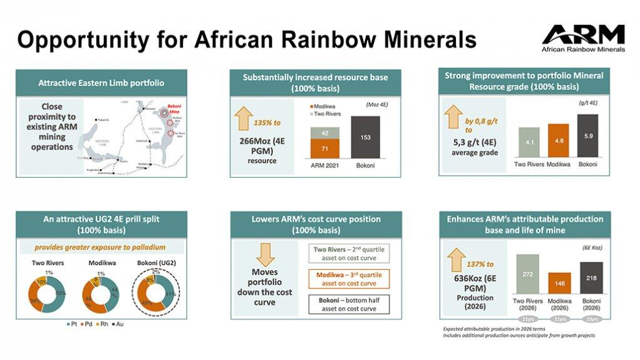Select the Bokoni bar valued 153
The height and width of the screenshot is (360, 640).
pos(365,138)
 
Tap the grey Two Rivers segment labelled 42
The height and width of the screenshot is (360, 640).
pos(325,132)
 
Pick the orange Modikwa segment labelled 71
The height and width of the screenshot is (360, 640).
pos(325,149)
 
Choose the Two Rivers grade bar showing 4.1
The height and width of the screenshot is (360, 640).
pos(529,144)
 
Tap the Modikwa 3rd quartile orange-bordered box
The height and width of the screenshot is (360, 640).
pos(350,278)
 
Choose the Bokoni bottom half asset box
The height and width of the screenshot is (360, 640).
pos(350,304)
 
